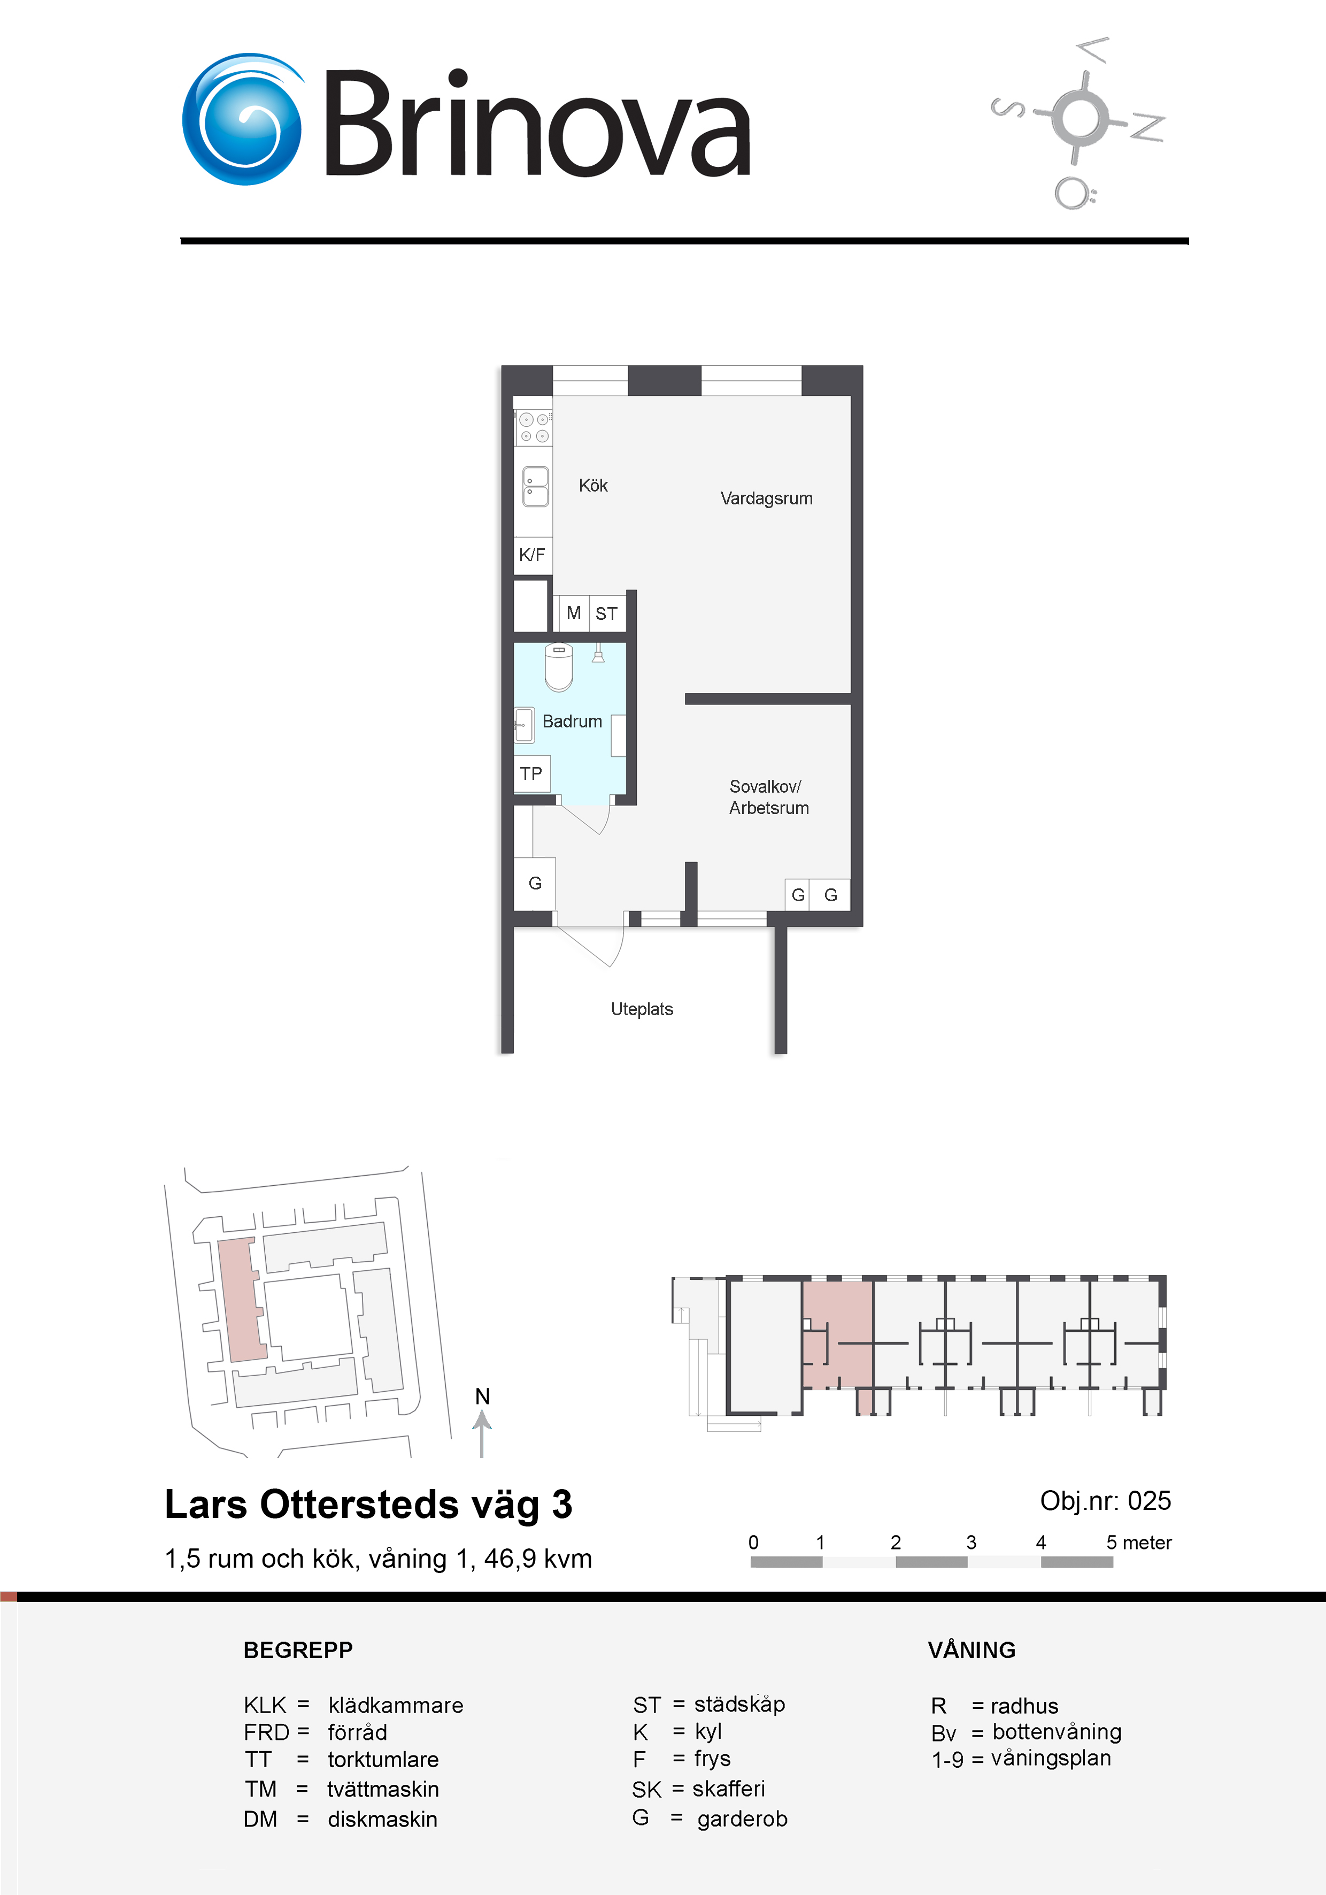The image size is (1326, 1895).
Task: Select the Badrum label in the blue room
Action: (x=572, y=722)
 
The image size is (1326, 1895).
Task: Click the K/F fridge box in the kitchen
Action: (x=532, y=555)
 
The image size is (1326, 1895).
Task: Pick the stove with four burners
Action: (x=533, y=427)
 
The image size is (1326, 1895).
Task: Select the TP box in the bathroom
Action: (x=531, y=773)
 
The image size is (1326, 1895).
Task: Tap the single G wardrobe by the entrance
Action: (x=535, y=883)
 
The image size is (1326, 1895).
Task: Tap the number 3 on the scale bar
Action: (x=971, y=1542)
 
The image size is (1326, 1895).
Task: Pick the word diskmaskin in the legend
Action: (x=383, y=1819)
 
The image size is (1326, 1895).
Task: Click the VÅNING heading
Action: (x=971, y=1650)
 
